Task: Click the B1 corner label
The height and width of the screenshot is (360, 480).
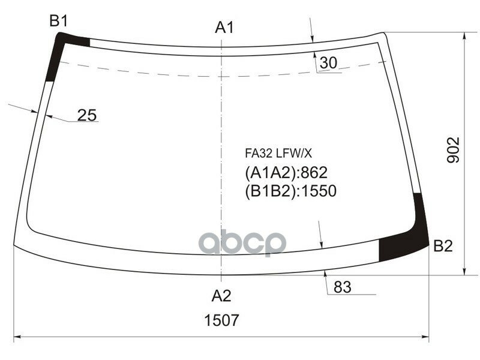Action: point(58,22)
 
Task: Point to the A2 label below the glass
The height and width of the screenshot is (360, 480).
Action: point(221,295)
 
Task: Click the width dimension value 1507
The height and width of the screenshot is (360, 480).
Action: point(222,320)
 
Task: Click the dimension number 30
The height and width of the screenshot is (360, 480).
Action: point(328,62)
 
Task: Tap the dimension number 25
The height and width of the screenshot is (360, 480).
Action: point(87,115)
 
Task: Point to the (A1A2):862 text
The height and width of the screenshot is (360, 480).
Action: point(286,173)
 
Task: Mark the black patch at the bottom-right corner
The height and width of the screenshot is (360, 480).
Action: point(408,240)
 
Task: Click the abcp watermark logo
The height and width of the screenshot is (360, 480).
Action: point(242,242)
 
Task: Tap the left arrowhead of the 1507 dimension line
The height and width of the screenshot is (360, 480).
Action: point(17,338)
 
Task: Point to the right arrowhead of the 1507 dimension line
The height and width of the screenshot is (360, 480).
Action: point(427,338)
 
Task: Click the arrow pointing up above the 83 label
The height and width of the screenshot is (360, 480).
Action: point(325,274)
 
